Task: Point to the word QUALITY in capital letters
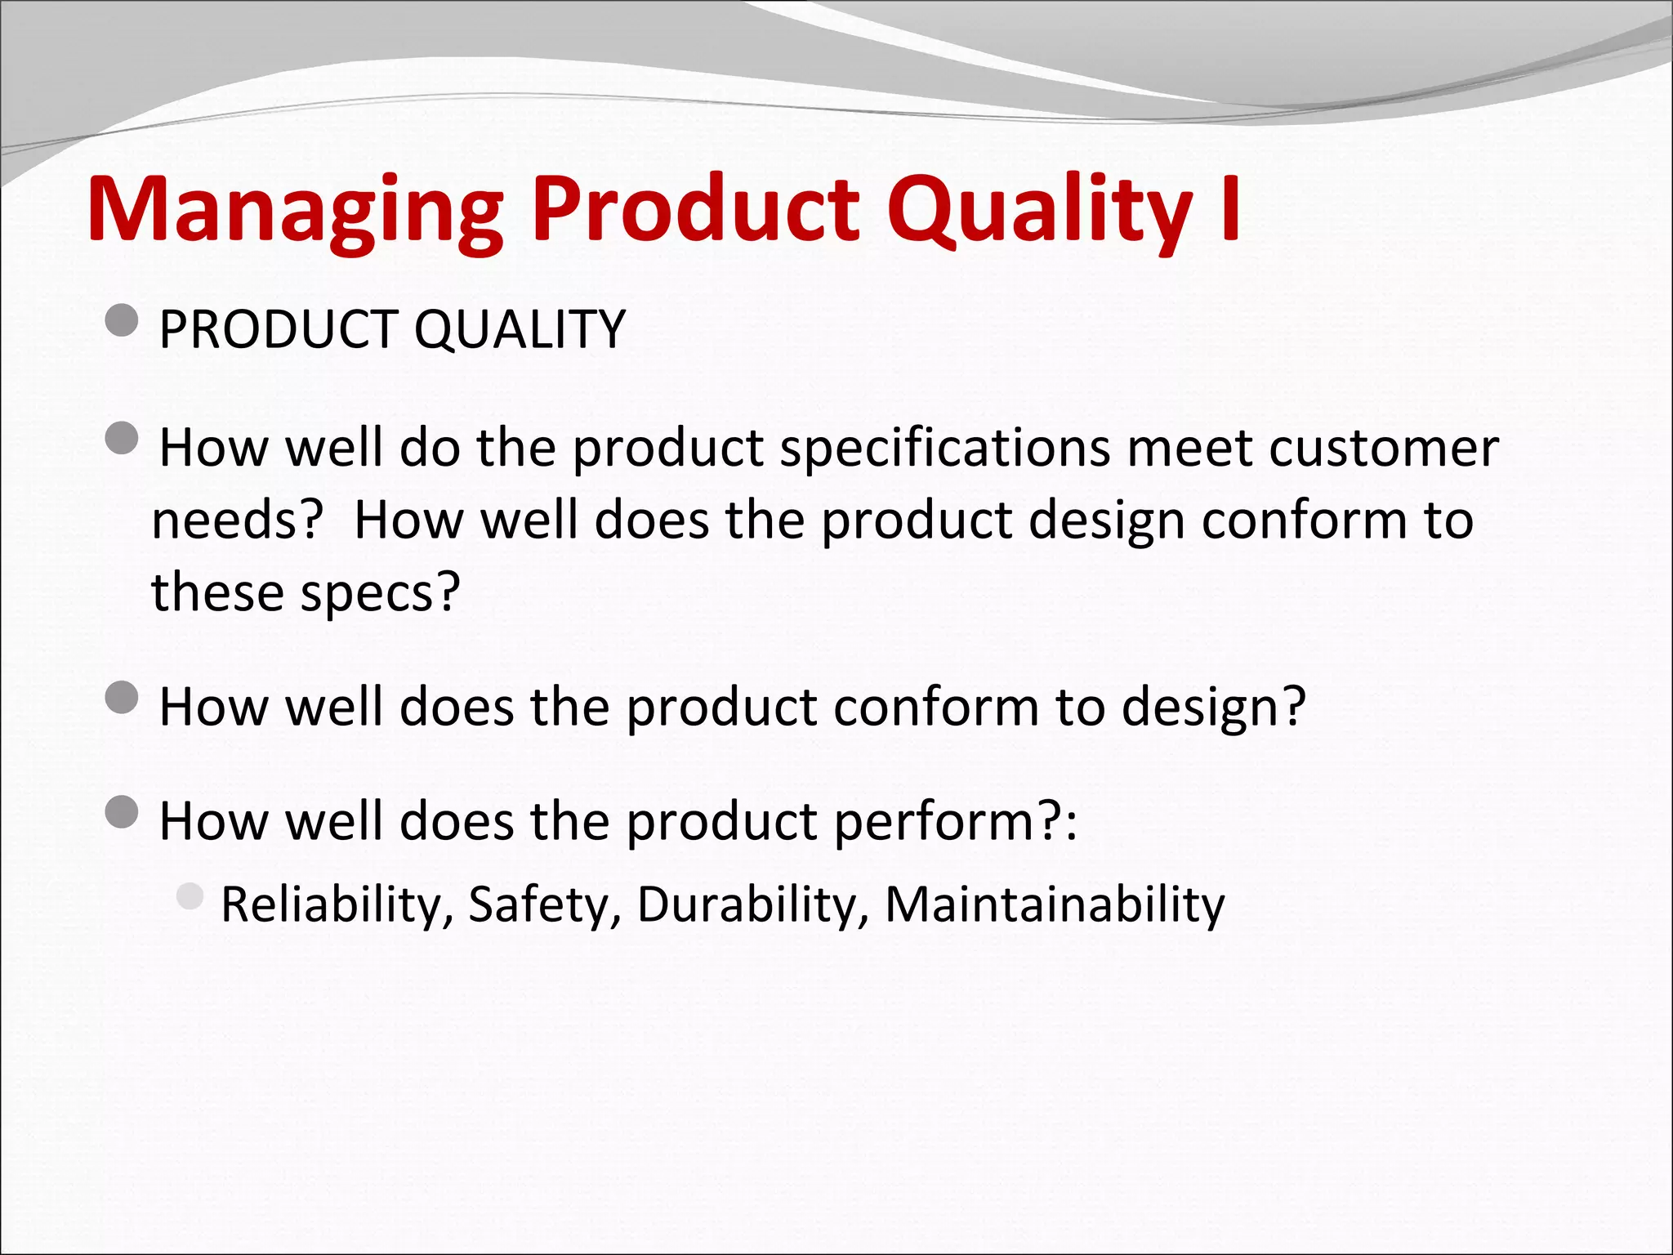[520, 329]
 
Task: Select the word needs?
[238, 520]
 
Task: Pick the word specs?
[381, 592]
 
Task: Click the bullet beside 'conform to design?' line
[122, 698]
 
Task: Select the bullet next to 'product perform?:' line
[122, 812]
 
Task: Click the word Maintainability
[1055, 905]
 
